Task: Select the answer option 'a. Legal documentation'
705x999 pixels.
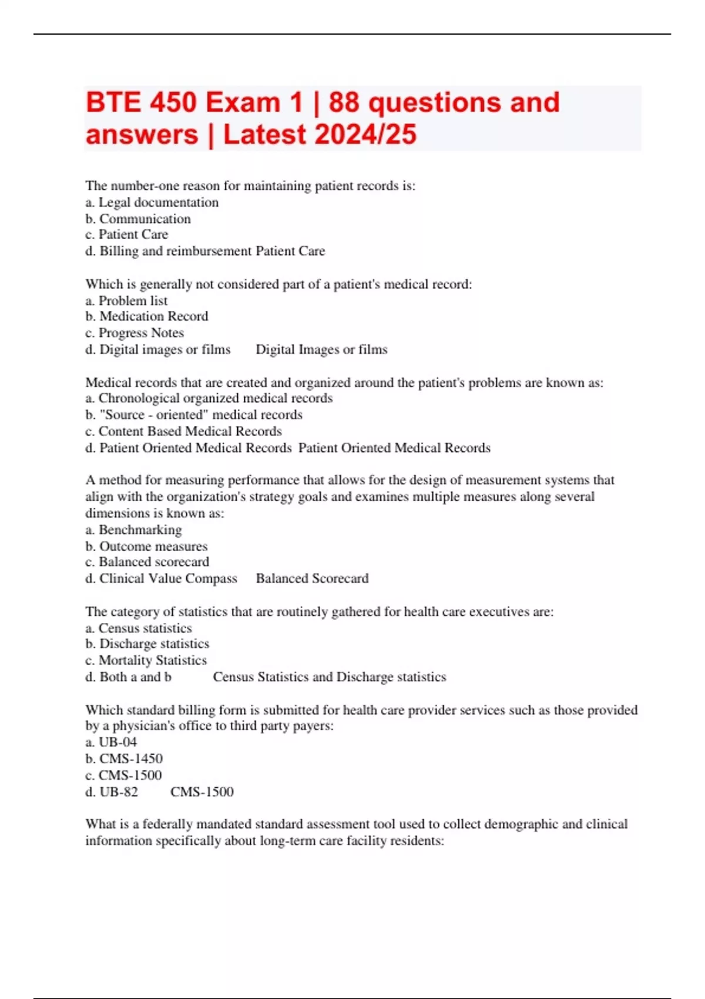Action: click(152, 202)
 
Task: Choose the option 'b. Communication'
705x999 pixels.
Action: click(138, 219)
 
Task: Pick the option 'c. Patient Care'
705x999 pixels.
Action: click(127, 234)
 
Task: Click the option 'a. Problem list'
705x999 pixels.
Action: click(126, 300)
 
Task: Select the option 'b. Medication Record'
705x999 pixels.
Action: click(147, 316)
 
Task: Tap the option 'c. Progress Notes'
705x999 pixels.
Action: click(135, 333)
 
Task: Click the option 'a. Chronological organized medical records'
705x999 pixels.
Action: click(209, 398)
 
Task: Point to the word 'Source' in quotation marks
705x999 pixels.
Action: click(120, 414)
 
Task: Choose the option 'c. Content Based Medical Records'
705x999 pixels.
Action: click(184, 431)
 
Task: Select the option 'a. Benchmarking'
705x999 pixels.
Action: click(133, 529)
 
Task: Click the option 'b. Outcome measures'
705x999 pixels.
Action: click(146, 546)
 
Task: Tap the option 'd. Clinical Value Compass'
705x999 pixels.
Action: click(162, 578)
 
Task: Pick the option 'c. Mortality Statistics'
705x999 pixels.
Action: click(146, 660)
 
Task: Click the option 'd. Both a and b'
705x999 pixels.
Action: click(129, 676)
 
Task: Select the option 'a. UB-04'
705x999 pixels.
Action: click(111, 742)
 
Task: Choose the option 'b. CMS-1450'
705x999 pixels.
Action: click(124, 758)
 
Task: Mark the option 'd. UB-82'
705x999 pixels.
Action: click(112, 792)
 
